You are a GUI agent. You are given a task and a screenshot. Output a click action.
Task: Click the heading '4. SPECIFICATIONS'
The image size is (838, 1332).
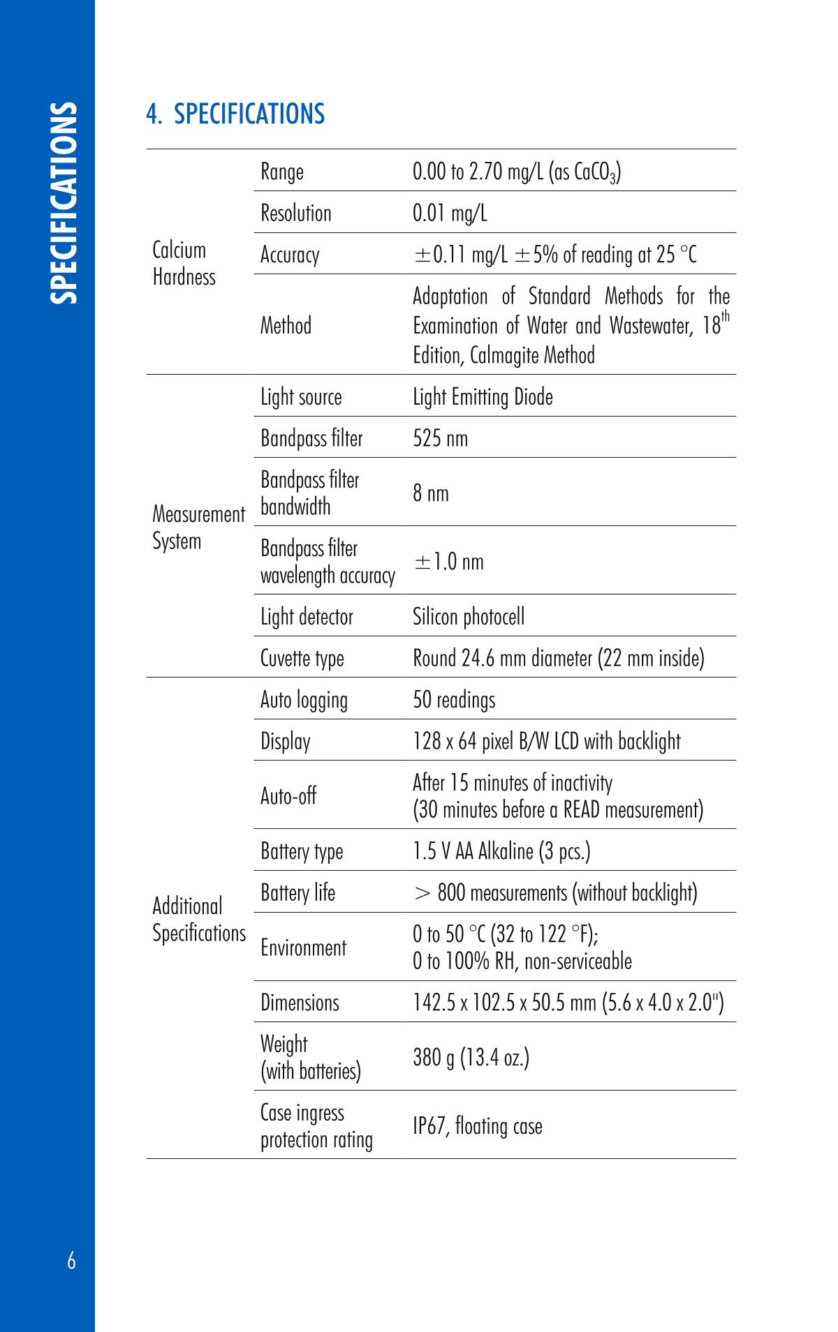coord(235,114)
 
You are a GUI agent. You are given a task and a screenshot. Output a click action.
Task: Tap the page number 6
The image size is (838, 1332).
coord(72,1261)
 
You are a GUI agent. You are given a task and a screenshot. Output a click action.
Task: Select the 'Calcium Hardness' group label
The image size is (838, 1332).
coord(184,264)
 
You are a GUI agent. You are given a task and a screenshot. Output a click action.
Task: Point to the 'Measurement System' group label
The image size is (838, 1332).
coord(198,527)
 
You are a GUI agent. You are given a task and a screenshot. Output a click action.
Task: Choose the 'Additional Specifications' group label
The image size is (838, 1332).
coord(199,920)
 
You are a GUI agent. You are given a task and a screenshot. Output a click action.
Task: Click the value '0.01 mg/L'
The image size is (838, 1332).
coord(450,213)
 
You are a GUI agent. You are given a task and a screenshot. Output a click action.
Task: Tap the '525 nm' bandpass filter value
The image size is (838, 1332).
coord(440,438)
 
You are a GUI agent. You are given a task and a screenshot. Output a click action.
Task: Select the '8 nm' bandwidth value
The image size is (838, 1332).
coord(431,493)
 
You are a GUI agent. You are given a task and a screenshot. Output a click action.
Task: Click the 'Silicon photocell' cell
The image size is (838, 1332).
coord(468,617)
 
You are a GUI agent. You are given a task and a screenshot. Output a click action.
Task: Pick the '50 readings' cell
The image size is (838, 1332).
coord(454,700)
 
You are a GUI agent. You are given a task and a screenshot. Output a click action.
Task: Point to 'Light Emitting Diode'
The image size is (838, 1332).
coord(483,397)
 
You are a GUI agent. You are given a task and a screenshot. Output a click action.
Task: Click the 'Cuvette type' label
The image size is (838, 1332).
coord(302,658)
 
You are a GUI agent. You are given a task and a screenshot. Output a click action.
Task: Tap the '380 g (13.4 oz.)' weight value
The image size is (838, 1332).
coord(471,1058)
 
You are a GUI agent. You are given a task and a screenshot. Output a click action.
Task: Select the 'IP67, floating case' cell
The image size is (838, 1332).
coord(477,1126)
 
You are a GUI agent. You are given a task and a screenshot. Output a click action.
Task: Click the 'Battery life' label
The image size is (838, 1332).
coord(297,892)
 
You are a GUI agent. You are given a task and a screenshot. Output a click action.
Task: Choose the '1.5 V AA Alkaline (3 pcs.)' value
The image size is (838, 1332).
coord(501,851)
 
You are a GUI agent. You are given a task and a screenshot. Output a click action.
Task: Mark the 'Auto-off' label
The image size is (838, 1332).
coord(288,795)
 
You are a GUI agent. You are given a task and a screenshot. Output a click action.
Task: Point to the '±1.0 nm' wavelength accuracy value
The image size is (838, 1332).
coord(448,562)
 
